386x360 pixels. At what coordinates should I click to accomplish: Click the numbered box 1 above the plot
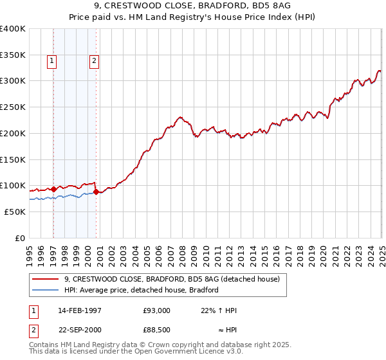(x=51, y=61)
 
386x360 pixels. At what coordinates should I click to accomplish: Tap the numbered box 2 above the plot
(x=94, y=61)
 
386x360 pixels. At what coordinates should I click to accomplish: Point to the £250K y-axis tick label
(x=13, y=107)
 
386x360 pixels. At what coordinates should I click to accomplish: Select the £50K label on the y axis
(x=15, y=212)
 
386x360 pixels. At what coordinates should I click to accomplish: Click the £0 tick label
(x=19, y=238)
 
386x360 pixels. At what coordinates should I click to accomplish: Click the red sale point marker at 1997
(x=53, y=189)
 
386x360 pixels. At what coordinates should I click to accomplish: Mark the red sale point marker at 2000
(x=96, y=192)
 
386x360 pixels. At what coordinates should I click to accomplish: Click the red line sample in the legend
(x=45, y=280)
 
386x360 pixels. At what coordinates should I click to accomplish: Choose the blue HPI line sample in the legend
(x=45, y=290)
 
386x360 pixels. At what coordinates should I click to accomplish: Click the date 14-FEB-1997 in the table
(x=80, y=310)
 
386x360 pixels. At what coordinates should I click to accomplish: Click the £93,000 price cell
(x=156, y=310)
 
